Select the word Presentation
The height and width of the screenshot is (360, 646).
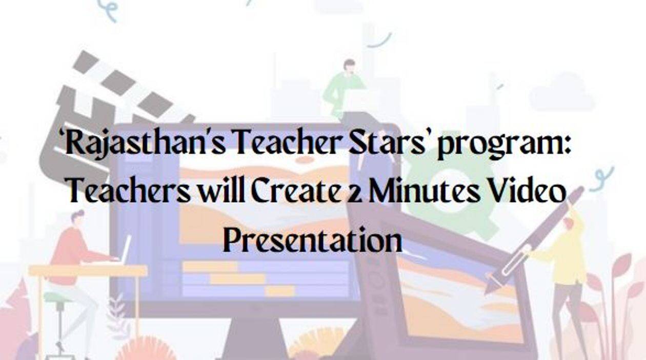[x=312, y=239]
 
